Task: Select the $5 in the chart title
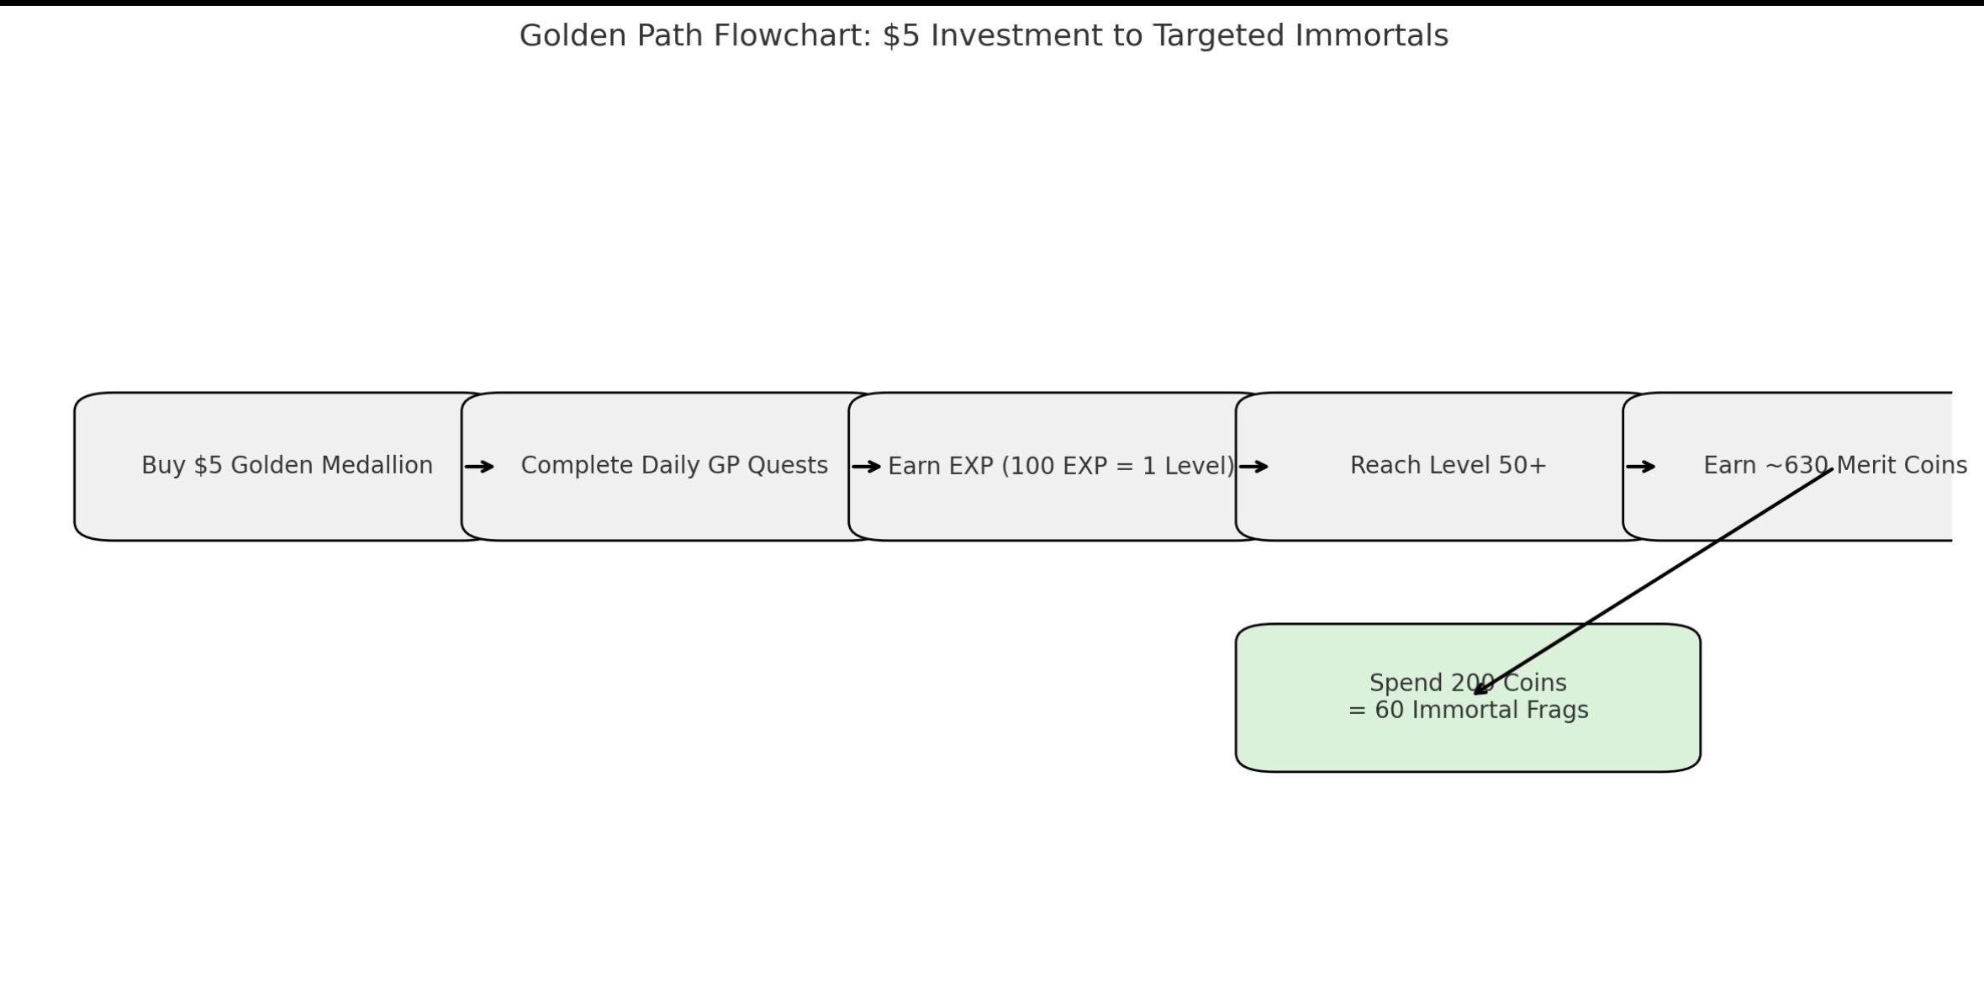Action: (x=902, y=36)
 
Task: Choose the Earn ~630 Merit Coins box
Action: (x=1787, y=467)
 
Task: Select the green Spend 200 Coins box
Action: (x=1468, y=698)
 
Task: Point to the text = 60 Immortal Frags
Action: (x=1468, y=711)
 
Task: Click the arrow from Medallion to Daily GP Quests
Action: (x=479, y=467)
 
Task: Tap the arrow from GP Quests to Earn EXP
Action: (x=867, y=467)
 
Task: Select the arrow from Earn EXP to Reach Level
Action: (x=1253, y=467)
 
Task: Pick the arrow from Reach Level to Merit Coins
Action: (x=1641, y=467)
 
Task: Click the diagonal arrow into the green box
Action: (x=1653, y=581)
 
